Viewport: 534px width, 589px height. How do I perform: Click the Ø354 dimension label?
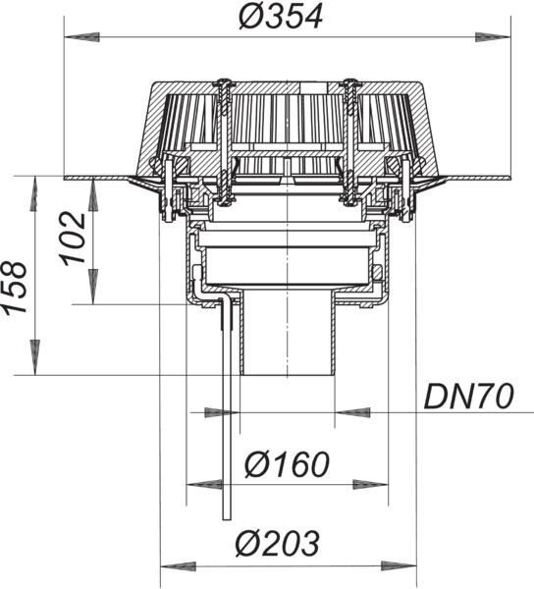(x=281, y=18)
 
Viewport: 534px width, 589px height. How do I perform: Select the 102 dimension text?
(x=74, y=239)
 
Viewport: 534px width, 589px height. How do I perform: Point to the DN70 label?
(x=468, y=397)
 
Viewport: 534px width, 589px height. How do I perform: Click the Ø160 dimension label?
(x=287, y=464)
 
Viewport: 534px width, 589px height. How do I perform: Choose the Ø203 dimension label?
(x=278, y=543)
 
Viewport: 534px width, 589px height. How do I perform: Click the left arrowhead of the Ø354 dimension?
(x=81, y=37)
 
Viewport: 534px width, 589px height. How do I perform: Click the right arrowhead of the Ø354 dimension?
(x=493, y=37)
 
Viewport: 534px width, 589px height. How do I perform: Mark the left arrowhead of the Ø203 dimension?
(x=179, y=566)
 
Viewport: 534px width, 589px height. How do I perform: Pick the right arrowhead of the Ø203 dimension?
(x=399, y=566)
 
